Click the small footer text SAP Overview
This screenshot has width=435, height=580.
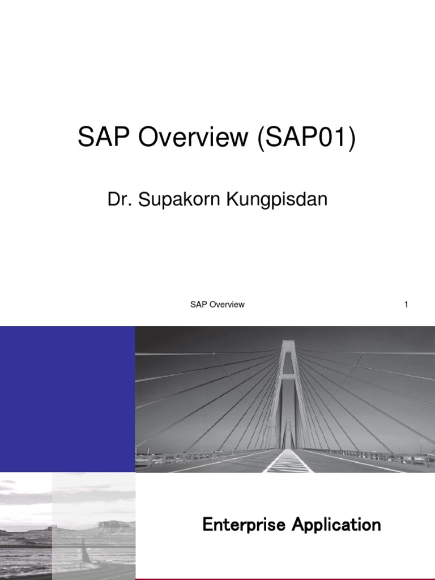(x=217, y=304)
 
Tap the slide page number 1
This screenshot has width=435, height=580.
(x=406, y=304)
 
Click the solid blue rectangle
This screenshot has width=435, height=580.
(x=67, y=399)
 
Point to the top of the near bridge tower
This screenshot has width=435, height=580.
(x=288, y=343)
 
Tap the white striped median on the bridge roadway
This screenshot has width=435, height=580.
(x=288, y=462)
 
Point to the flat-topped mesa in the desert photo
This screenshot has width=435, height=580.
(x=116, y=524)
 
